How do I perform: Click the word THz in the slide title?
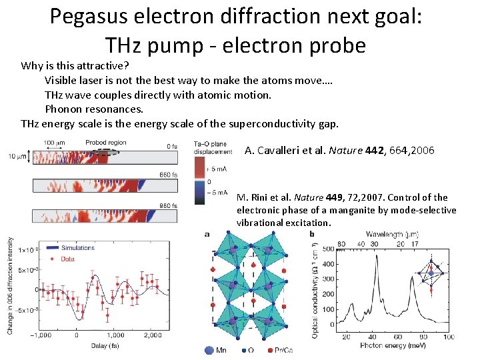[128, 45]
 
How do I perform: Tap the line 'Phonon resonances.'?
[94, 109]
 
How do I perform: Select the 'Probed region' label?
[105, 143]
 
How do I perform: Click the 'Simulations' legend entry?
[78, 248]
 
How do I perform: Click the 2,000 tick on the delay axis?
[153, 335]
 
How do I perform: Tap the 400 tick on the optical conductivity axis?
[327, 263]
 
